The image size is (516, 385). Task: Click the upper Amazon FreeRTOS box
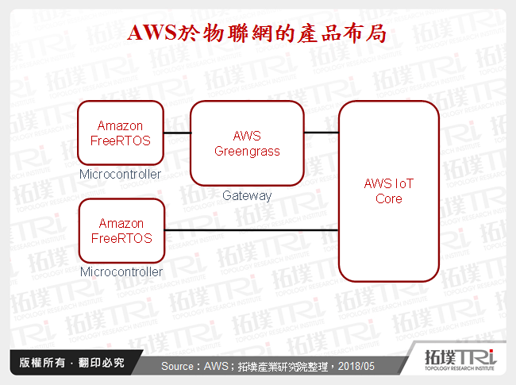point(120,133)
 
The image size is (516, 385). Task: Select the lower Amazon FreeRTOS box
point(120,231)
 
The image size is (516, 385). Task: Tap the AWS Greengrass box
point(247,144)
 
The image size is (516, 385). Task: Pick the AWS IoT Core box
point(388,191)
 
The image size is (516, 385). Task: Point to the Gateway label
point(247,195)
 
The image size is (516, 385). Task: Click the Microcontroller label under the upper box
point(120,174)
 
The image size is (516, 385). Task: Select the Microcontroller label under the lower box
point(120,271)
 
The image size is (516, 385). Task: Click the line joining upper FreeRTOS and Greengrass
point(177,133)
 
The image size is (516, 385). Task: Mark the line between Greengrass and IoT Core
point(322,133)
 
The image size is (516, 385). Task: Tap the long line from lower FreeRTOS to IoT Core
point(252,231)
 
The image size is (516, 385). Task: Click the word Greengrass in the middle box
point(247,151)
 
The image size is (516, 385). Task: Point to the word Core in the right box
point(388,198)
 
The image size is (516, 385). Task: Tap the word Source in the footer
point(179,367)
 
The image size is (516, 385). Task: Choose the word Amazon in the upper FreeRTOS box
point(120,126)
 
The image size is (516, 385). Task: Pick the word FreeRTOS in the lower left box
point(120,238)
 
